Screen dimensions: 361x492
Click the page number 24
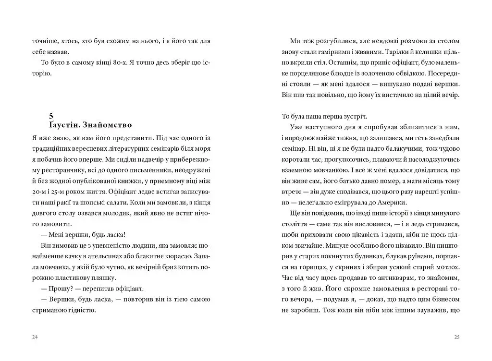pyautogui.click(x=35, y=337)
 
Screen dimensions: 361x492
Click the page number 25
pyautogui.click(x=457, y=337)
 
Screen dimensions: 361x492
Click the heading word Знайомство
pyautogui.click(x=107, y=125)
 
